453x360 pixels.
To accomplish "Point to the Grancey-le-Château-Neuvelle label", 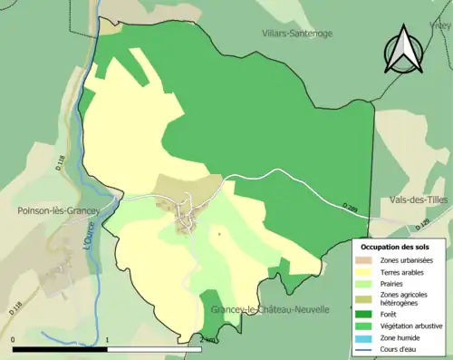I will (270, 310).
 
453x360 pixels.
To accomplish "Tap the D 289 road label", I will (351, 209).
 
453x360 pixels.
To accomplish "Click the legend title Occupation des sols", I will (397, 247).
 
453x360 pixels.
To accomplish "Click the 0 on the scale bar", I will (13, 340).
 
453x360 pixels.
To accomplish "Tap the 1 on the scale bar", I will (108, 340).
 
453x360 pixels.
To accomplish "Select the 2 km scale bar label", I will (207, 340).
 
